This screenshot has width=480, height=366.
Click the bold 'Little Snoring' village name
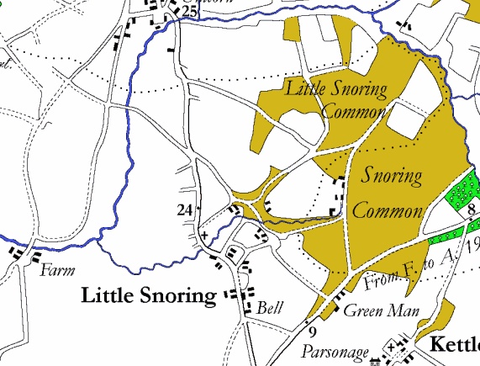pos(149,296)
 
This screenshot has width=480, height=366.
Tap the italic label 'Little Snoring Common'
pos(336,99)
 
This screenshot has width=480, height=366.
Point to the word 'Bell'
pos(271,307)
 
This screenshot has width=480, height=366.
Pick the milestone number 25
pos(188,11)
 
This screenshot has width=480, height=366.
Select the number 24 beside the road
pos(186,210)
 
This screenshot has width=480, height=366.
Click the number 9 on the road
pos(310,321)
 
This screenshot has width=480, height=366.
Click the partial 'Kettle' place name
pos(454,344)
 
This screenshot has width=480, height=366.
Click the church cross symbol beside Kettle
pos(391,346)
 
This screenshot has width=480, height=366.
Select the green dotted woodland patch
pos(461,192)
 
